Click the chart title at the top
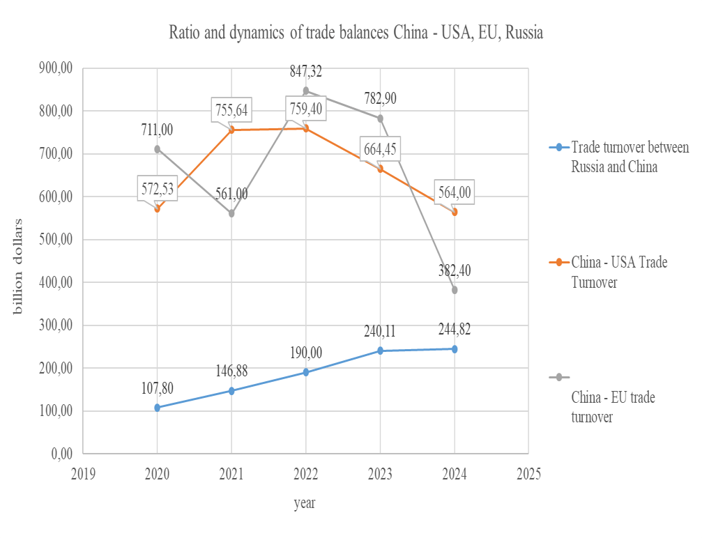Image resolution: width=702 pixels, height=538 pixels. (x=356, y=33)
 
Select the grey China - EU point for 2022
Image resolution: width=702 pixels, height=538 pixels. (x=306, y=91)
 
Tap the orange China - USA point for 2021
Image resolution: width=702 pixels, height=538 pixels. (x=231, y=130)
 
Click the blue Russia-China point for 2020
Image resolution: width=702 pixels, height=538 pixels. (x=158, y=408)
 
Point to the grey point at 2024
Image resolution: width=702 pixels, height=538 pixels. (x=455, y=290)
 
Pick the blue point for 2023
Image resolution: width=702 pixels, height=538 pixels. (x=380, y=351)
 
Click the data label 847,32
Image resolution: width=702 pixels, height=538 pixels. (x=306, y=71)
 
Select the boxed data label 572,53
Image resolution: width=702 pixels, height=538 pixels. (x=157, y=188)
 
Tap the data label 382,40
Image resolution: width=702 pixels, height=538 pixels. (x=455, y=270)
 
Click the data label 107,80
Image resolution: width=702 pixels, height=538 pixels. (x=157, y=388)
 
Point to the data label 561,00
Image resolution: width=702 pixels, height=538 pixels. (x=231, y=194)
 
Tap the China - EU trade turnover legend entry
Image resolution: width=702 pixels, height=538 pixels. (x=613, y=407)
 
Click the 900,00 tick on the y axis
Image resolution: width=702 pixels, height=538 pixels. (x=56, y=68)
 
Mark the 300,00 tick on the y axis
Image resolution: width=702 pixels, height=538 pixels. (x=56, y=325)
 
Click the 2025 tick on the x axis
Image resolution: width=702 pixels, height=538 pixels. (x=528, y=474)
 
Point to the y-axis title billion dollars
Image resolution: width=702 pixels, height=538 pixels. (x=19, y=266)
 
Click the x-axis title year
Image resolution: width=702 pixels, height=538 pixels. (x=304, y=502)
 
